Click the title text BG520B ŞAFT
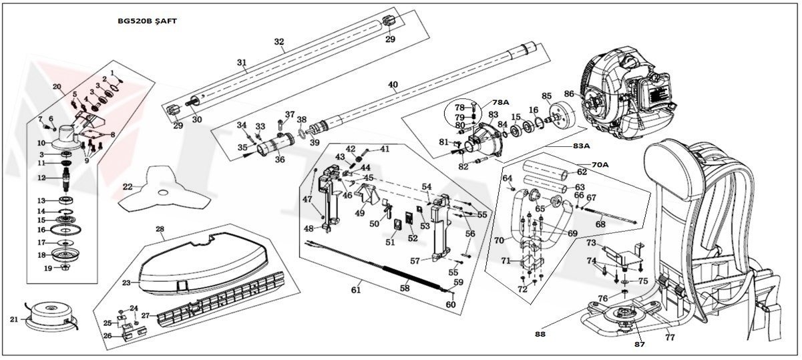147,21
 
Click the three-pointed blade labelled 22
159,190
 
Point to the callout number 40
393,85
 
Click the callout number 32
279,41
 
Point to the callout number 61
355,289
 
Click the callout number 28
160,229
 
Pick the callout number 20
56,87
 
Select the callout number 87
639,345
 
